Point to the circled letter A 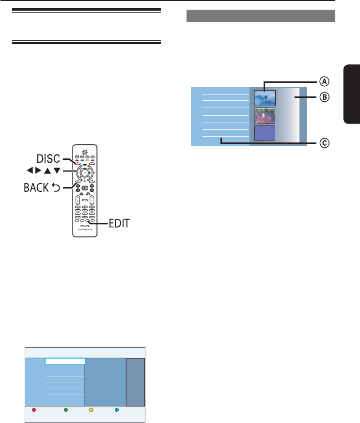pyautogui.click(x=323, y=81)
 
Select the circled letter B pyautogui.click(x=323, y=96)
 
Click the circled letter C pyautogui.click(x=323, y=143)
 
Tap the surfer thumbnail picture pyautogui.click(x=265, y=98)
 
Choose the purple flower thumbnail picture pyautogui.click(x=265, y=116)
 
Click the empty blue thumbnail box pyautogui.click(x=265, y=133)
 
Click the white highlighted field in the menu pyautogui.click(x=65, y=361)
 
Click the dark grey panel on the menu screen pyautogui.click(x=135, y=382)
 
